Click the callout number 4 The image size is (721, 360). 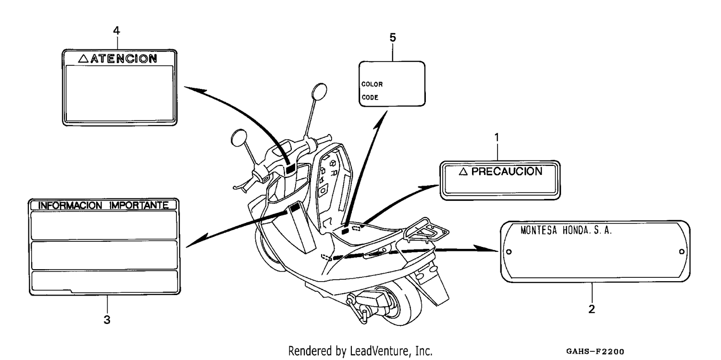116,31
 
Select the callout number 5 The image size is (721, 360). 393,37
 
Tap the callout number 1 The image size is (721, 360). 497,137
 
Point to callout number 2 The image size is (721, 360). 592,309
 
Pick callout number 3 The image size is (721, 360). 107,320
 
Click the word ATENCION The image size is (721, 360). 124,59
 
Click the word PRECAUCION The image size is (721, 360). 507,172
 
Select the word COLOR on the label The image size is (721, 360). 372,84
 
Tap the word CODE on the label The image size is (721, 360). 370,98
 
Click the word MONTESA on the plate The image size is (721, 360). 539,230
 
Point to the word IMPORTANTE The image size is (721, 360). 139,205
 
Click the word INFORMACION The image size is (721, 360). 70,205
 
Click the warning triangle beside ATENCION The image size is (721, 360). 83,59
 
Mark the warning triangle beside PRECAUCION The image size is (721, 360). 463,172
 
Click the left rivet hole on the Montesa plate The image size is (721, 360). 509,251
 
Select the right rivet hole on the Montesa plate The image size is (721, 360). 682,251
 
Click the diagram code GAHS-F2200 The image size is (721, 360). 595,351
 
